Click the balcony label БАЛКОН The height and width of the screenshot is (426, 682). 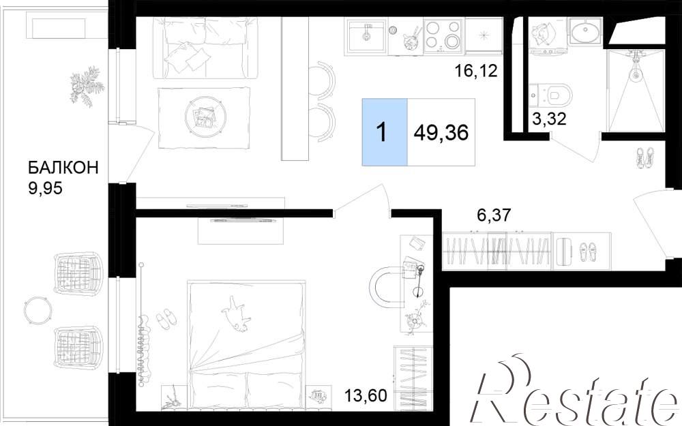[63, 168]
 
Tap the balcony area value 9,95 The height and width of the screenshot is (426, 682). [45, 188]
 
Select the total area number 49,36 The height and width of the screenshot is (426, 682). [441, 132]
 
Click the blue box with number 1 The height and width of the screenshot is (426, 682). [385, 132]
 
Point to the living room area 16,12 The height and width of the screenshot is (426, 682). [475, 70]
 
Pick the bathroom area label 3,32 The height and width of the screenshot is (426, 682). [549, 118]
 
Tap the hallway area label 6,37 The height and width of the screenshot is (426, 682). [493, 215]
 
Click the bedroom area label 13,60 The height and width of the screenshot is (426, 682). [366, 396]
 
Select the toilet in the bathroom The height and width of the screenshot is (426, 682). [555, 94]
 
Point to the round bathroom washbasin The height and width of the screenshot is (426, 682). [584, 32]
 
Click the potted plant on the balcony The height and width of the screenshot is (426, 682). [87, 86]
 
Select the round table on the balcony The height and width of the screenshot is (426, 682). [38, 310]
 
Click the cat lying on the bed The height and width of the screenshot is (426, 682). [236, 314]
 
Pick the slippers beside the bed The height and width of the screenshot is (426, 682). [166, 318]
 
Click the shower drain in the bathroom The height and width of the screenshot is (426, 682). [636, 74]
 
